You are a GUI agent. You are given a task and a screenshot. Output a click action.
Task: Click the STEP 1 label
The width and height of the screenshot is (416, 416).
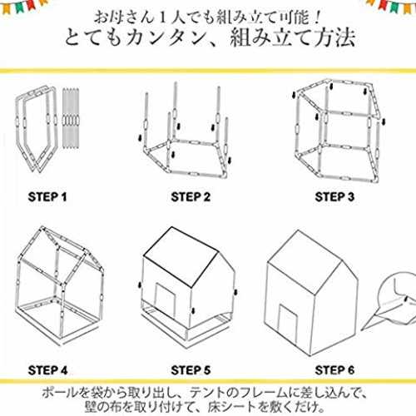coord(47,197)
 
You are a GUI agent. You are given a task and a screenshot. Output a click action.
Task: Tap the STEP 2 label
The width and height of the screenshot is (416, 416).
coord(191,197)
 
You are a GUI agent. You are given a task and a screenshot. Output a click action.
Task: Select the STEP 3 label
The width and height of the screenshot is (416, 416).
coord(334,197)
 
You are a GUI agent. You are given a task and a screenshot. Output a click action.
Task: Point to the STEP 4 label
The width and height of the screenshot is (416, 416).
coord(47,370)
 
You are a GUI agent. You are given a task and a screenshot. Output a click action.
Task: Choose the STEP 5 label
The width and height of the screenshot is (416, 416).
coord(191,370)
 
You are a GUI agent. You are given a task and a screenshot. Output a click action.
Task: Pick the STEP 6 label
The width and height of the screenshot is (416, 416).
coord(334,370)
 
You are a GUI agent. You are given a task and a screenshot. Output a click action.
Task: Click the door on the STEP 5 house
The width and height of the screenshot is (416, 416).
coord(166,300)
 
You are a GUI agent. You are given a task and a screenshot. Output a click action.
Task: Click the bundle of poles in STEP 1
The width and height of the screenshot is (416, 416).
coord(71,118)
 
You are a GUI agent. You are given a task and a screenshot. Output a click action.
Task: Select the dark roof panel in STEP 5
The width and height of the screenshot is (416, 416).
coord(181,256)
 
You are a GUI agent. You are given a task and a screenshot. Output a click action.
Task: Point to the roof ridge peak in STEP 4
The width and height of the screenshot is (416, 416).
coord(42,228)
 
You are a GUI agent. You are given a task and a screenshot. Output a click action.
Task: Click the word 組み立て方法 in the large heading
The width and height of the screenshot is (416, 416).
coord(293,37)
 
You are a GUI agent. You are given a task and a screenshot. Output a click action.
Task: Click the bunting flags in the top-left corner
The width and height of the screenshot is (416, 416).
coord(23,6)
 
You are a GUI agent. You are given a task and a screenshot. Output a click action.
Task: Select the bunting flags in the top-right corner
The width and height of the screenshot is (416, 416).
coord(391,6)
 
